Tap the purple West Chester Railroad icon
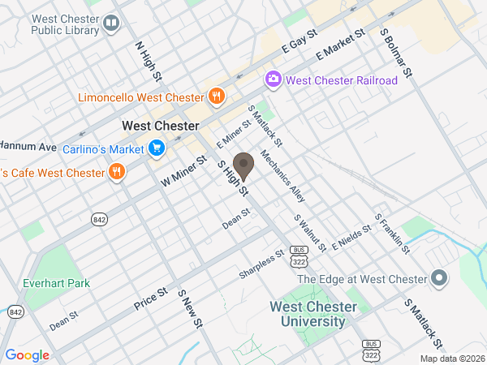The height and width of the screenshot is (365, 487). click(274, 79)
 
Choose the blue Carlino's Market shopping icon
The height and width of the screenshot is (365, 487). click(157, 148)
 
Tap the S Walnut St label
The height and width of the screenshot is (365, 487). click(309, 233)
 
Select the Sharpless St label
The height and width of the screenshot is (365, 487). click(261, 264)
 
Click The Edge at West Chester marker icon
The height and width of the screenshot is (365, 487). click(441, 279)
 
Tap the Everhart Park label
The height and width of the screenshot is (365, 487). click(58, 283)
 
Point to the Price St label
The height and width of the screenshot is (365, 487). click(150, 298)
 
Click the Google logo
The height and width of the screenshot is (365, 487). click(28, 355)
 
